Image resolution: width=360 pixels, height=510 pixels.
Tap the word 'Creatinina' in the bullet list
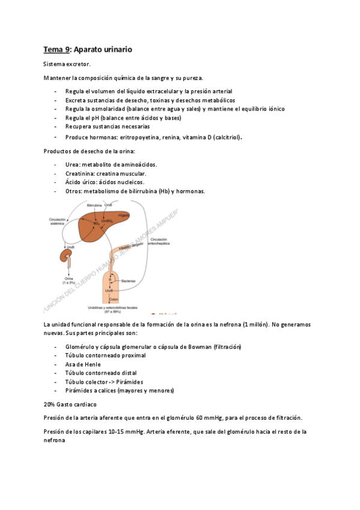[79, 173]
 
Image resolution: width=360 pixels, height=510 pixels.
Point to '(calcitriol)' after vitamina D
[222, 137]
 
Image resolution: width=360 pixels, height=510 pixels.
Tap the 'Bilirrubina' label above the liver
[94, 205]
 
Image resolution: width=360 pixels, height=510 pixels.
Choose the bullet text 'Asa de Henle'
[83, 364]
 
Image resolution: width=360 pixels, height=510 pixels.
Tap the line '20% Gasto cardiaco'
[70, 404]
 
